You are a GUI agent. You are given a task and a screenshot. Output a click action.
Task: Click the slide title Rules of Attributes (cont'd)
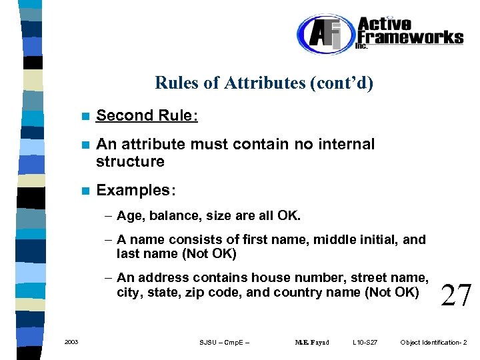264,83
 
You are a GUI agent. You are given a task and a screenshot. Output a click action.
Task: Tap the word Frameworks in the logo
410,37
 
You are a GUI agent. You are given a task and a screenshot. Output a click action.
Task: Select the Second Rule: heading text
147,115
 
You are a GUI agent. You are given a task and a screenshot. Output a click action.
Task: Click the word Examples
134,191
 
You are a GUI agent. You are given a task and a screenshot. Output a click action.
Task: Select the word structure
130,161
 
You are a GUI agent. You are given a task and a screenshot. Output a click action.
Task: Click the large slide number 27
456,294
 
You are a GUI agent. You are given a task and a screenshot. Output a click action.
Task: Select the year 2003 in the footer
71,342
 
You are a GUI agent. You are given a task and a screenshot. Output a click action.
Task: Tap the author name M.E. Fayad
311,343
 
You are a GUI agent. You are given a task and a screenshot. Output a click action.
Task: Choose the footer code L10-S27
365,343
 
